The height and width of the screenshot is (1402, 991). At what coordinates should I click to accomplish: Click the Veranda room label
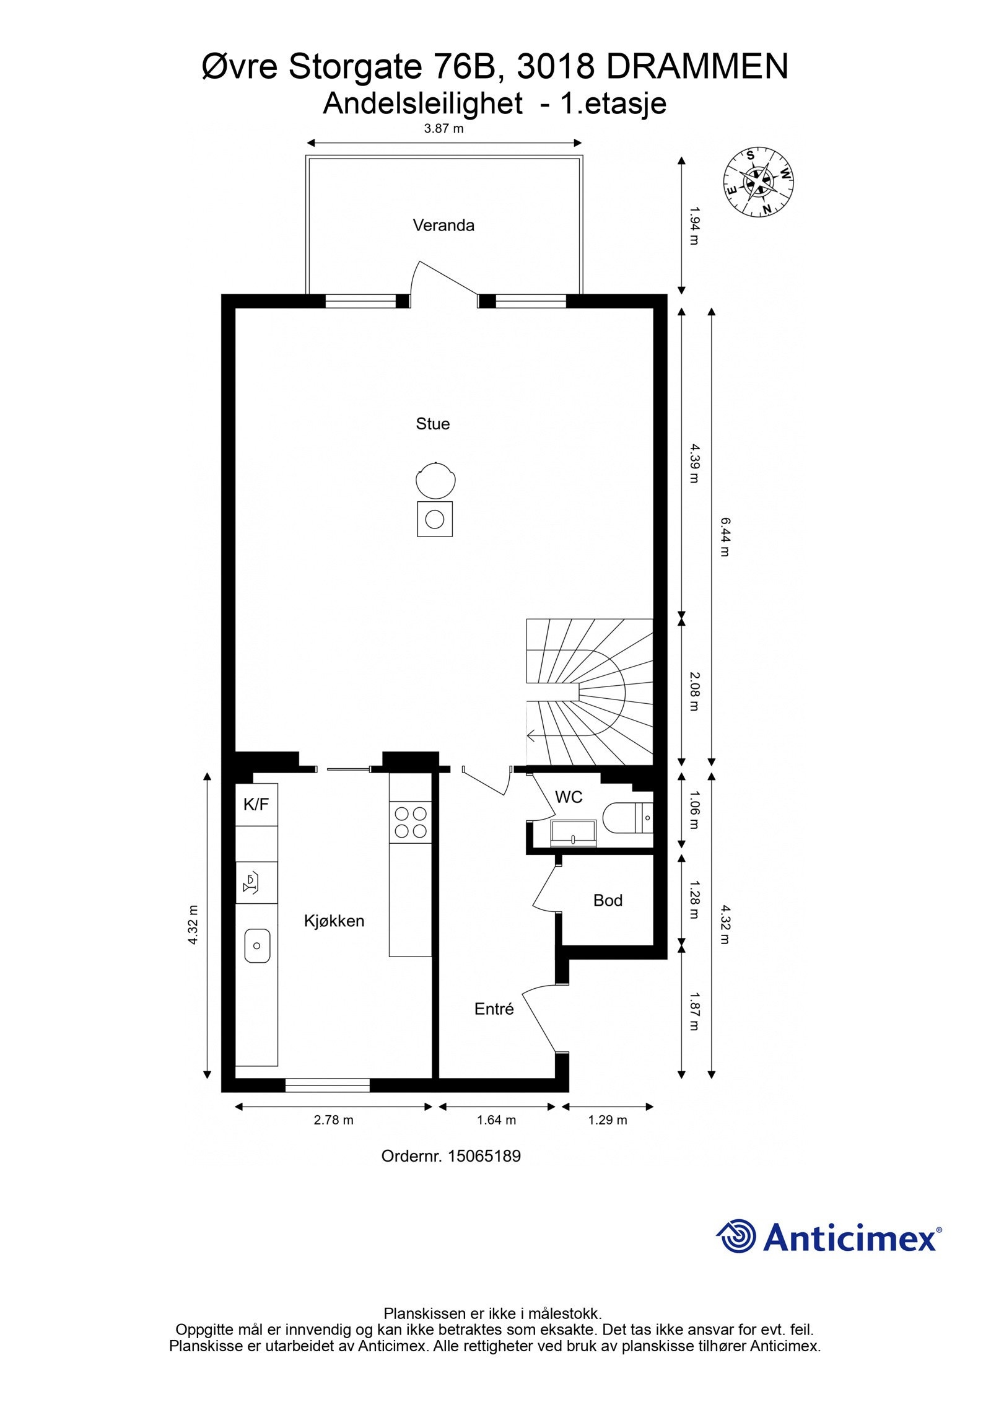(x=443, y=225)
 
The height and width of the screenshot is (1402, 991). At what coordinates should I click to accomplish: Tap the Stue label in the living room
(x=432, y=424)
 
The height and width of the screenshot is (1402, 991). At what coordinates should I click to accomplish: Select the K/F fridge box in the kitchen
(x=256, y=804)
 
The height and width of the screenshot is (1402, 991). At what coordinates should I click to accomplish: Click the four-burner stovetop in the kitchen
(x=411, y=822)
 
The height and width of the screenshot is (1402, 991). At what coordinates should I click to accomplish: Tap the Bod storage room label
(x=608, y=900)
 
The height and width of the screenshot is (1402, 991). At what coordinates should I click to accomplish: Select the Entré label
(x=494, y=1009)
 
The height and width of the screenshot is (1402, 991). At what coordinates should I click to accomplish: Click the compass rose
(x=759, y=183)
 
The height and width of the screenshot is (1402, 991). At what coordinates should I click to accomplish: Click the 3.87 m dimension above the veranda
(x=443, y=129)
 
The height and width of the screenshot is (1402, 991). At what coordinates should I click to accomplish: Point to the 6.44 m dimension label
(x=725, y=537)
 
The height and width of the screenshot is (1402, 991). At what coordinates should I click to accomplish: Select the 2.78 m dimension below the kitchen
(x=333, y=1119)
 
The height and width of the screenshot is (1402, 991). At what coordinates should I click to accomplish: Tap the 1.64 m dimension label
(x=496, y=1119)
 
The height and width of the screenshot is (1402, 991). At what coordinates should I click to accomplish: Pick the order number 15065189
(x=484, y=1155)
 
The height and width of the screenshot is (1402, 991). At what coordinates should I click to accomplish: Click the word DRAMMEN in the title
(x=696, y=67)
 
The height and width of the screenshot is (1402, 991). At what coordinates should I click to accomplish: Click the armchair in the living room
(x=436, y=481)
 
